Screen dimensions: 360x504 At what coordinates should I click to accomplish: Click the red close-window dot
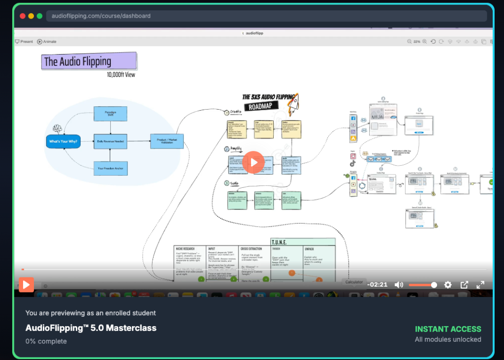pos(23,16)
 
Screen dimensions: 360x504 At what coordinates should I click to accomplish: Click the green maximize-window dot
pos(39,16)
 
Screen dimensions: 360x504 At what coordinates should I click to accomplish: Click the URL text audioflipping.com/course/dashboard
pos(101,16)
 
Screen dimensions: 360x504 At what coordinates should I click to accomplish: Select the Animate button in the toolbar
pos(47,42)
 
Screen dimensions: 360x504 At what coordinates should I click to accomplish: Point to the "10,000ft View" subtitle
pos(121,75)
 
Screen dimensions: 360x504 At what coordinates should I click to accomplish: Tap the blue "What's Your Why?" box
pos(63,142)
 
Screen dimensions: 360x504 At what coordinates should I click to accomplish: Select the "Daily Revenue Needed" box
pos(110,142)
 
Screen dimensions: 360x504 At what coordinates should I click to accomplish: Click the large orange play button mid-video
pos(253,162)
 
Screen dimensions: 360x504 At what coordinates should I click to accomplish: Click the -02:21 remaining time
pos(378,285)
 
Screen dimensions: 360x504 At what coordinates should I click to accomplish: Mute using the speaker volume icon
pos(399,285)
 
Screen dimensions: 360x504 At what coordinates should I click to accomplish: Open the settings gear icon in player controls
pos(448,285)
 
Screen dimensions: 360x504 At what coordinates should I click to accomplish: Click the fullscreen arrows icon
pos(480,285)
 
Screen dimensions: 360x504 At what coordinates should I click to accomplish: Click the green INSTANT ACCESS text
pos(448,329)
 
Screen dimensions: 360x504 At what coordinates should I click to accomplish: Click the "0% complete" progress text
pos(46,341)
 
